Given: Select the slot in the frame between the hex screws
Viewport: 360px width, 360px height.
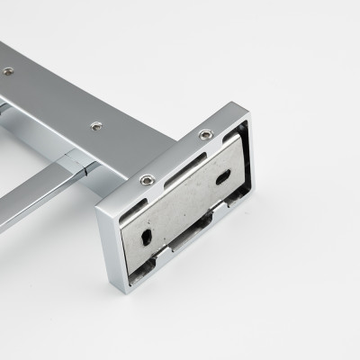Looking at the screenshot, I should [177, 157].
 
